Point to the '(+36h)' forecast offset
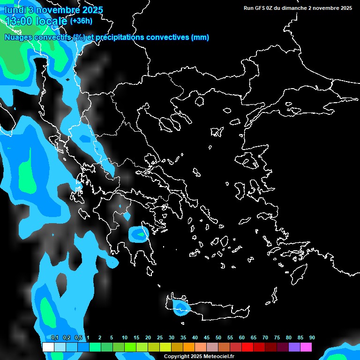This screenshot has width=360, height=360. (81, 21)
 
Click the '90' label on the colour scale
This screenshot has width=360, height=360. (312, 338)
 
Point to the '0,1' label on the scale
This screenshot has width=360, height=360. (55, 338)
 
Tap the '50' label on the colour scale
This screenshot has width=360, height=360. (218, 338)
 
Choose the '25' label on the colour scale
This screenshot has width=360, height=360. (160, 338)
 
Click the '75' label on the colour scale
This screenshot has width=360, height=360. (277, 338)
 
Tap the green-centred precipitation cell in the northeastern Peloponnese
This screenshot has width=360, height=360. (140, 234)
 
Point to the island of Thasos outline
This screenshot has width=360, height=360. (200, 101)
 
